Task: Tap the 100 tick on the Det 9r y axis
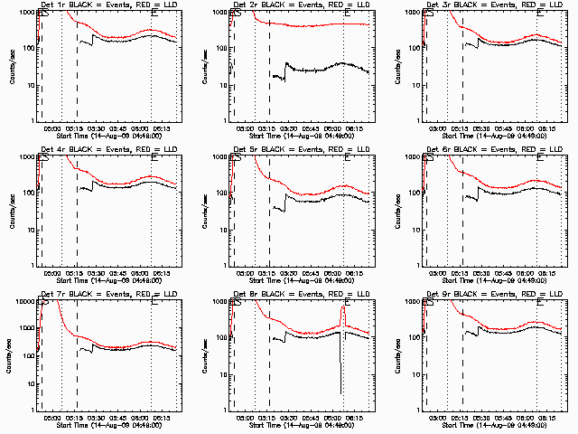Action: click(x=412, y=337)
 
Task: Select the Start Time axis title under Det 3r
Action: click(x=488, y=136)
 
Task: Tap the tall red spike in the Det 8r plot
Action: click(x=344, y=312)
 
